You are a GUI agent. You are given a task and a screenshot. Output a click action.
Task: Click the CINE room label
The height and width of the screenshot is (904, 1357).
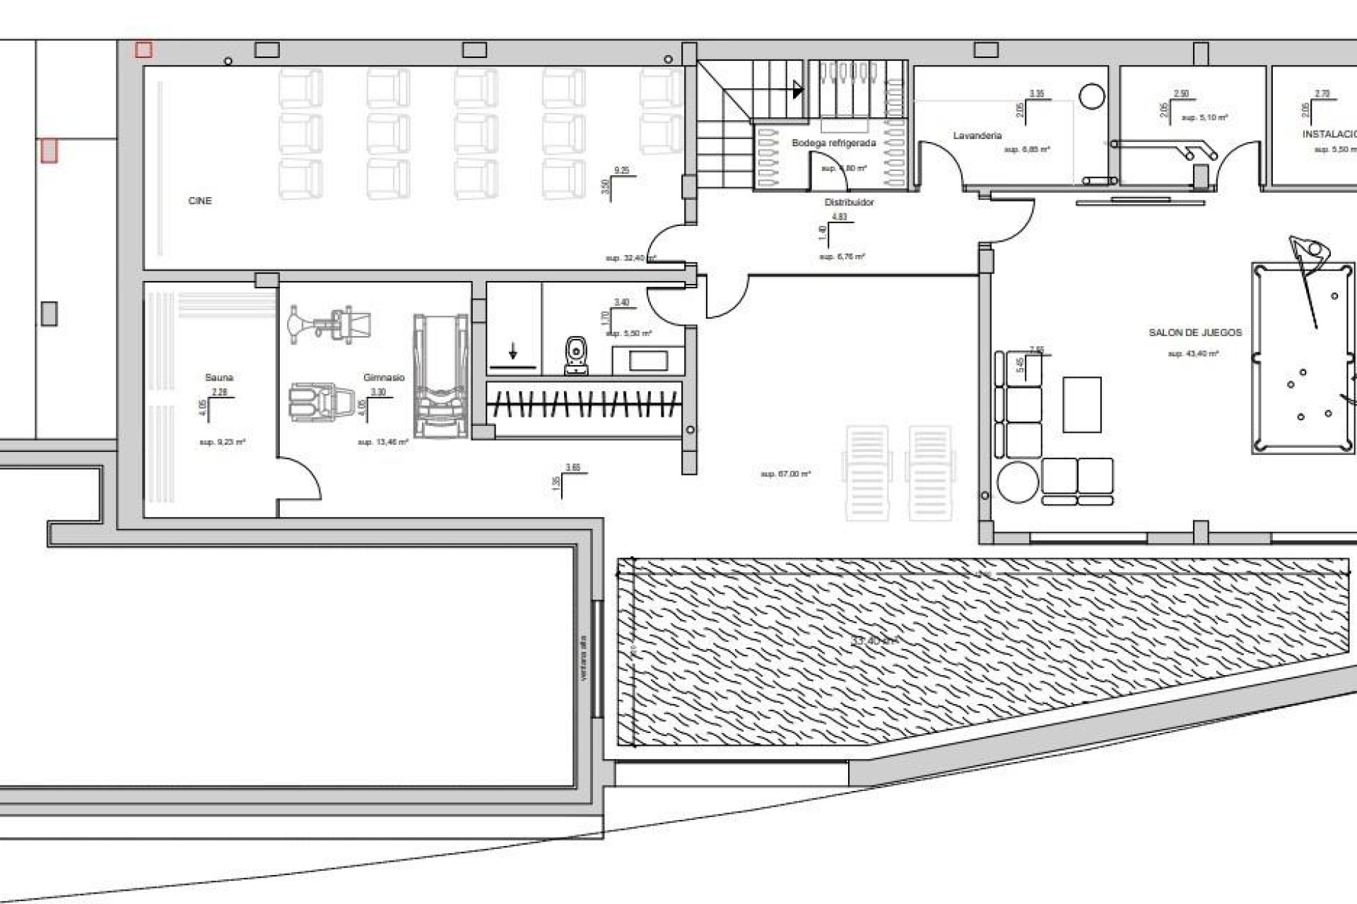[x=200, y=201]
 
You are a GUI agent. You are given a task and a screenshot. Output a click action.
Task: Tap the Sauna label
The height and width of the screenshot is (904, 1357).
[x=219, y=378]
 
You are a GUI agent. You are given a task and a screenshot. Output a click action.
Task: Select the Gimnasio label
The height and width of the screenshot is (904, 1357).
[x=384, y=378]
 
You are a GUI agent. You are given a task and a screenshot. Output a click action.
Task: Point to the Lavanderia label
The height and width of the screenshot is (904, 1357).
[x=977, y=136]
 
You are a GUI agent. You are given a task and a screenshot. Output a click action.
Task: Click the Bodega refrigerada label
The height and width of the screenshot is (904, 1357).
[x=833, y=143]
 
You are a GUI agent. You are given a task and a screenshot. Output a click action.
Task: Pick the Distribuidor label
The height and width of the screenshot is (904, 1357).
[x=849, y=203]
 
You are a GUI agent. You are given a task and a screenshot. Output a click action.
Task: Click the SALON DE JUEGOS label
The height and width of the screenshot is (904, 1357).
[x=1194, y=333]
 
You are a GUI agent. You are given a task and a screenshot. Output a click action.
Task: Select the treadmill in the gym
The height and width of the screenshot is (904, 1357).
[x=441, y=376]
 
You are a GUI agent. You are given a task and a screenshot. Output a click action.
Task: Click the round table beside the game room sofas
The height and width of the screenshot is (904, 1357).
[x=1018, y=482]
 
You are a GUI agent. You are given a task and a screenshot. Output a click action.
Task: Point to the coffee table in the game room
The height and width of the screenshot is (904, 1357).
[x=1081, y=405]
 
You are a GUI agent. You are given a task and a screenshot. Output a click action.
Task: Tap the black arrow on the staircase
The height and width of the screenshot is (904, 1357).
[x=798, y=90]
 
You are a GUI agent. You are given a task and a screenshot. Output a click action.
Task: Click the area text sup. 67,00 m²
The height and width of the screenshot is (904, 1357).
[x=785, y=474]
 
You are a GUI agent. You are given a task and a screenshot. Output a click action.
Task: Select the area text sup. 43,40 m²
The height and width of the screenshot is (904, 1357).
[x=1193, y=354]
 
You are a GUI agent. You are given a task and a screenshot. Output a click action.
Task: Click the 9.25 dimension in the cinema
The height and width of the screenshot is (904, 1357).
[x=621, y=170]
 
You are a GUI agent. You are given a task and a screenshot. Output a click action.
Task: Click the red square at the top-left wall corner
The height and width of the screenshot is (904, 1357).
[x=143, y=49]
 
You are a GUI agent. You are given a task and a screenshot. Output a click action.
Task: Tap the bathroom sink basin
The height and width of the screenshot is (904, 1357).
[x=648, y=361]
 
